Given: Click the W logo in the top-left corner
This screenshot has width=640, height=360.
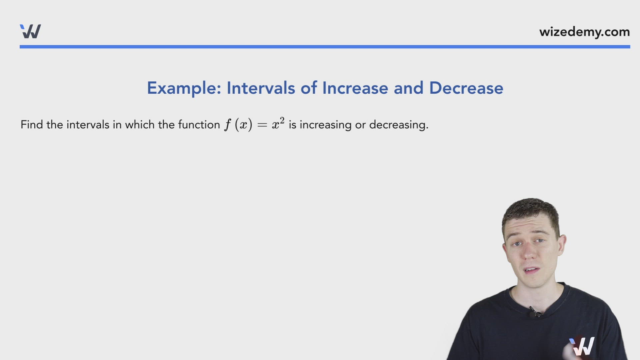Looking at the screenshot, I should [x=30, y=31].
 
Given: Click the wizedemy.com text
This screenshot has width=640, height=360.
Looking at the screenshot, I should [x=584, y=32].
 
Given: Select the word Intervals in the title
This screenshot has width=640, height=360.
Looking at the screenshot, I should [x=261, y=88].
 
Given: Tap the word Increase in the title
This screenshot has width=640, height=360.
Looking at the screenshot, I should [x=355, y=88].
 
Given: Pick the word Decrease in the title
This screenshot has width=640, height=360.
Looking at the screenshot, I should [x=466, y=88].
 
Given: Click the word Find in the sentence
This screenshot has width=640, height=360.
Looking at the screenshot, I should [x=32, y=125].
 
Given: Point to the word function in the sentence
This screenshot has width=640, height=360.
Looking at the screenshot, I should [x=199, y=125].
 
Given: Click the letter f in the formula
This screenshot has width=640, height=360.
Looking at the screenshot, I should [x=228, y=125].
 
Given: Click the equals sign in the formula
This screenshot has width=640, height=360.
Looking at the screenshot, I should [x=262, y=125].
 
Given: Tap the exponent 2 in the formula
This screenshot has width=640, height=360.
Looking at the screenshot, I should [x=282, y=120].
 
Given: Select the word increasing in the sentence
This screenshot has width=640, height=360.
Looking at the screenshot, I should [x=325, y=125].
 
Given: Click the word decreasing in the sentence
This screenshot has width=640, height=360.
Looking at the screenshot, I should [x=398, y=125].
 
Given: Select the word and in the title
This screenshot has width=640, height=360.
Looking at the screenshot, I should [x=408, y=88].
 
